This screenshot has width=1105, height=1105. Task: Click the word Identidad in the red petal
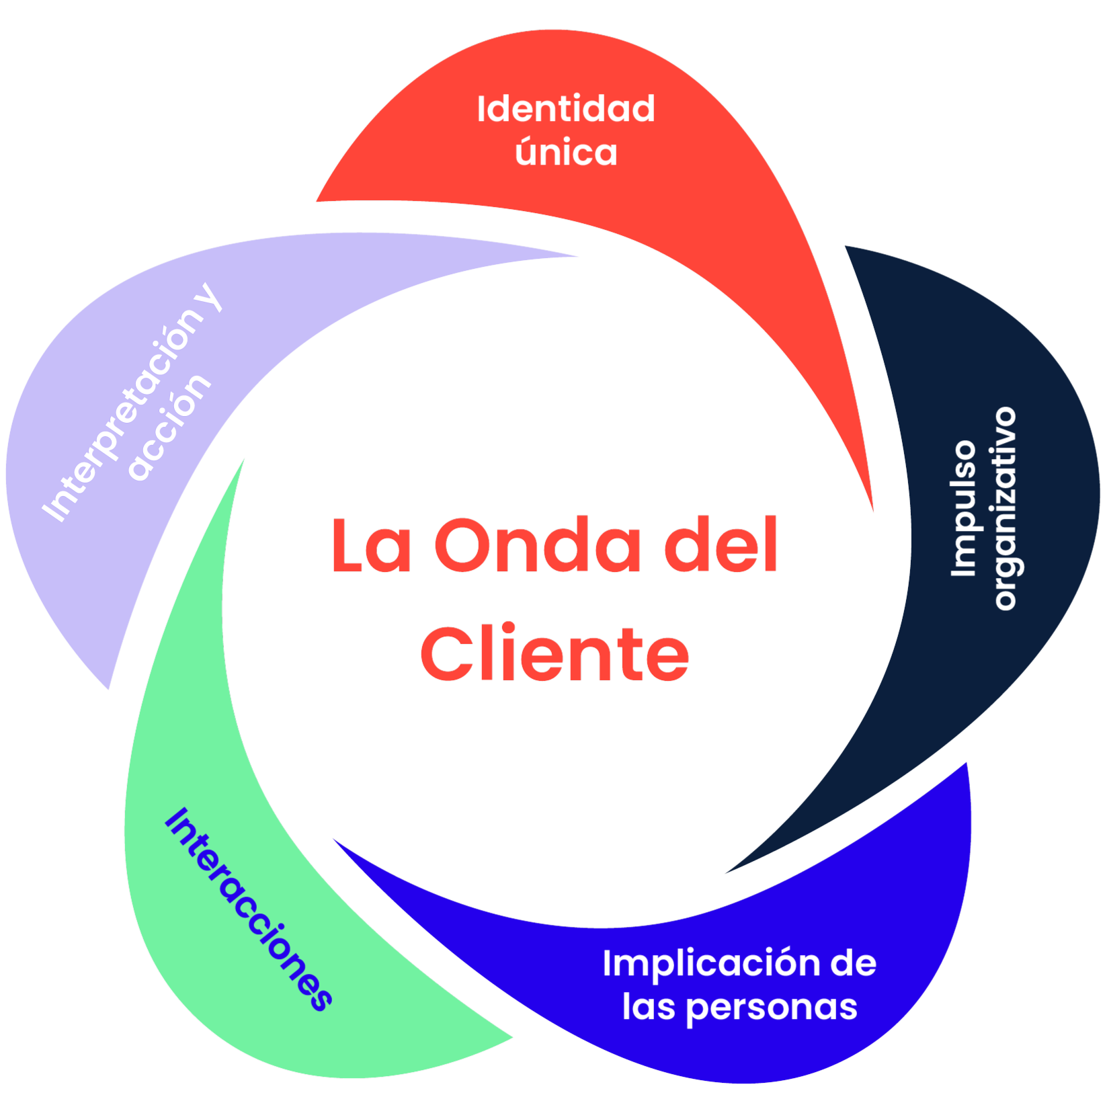[x=565, y=109]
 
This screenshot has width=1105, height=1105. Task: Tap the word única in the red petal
[x=566, y=152]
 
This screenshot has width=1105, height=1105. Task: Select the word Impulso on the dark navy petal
[x=963, y=508]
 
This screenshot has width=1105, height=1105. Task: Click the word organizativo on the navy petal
[x=1004, y=508]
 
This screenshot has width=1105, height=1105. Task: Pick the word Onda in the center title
[x=538, y=545]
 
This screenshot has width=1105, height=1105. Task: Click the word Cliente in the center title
[x=555, y=653]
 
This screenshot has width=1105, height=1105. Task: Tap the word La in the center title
[x=371, y=545]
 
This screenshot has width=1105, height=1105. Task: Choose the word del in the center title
[x=721, y=545]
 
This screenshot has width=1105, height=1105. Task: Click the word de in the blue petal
[x=853, y=963]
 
